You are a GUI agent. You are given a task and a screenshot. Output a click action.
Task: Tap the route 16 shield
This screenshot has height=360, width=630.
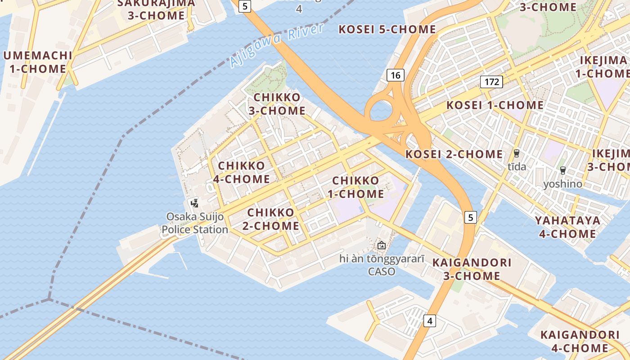point(396,75)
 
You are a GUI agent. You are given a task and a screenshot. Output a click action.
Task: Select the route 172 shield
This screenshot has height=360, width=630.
point(491,82)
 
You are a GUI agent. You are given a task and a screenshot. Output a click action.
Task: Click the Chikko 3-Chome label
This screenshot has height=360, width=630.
point(277,104)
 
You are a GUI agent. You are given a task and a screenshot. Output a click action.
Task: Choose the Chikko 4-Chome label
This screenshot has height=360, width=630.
point(242,172)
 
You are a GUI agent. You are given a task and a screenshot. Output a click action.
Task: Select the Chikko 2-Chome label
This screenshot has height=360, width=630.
point(271,219)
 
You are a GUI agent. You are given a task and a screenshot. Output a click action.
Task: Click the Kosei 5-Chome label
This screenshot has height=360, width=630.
point(387,30)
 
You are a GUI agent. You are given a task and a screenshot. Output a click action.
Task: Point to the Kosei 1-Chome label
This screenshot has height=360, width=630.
point(495,105)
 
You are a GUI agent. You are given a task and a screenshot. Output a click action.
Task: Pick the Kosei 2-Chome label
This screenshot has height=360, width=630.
point(454,154)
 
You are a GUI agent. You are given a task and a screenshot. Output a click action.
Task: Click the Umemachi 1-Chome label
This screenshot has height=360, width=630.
point(38,62)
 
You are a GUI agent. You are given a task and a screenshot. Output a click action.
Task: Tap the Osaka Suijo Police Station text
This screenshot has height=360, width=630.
point(195,223)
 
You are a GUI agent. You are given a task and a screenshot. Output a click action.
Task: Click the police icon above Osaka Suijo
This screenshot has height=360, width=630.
point(194,203)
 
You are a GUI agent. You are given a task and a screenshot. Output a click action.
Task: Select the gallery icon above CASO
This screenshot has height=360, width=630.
point(382,245)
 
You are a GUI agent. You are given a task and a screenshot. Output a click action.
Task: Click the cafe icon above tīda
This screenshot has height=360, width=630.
point(517,153)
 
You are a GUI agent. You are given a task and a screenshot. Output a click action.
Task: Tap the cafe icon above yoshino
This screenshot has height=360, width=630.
point(562,170)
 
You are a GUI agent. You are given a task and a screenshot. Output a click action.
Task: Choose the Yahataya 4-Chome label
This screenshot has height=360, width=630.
point(567,227)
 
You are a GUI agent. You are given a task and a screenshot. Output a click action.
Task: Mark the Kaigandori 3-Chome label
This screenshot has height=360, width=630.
point(472,269)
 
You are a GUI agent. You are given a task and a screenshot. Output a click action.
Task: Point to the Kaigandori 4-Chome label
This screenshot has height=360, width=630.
point(580,341)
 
